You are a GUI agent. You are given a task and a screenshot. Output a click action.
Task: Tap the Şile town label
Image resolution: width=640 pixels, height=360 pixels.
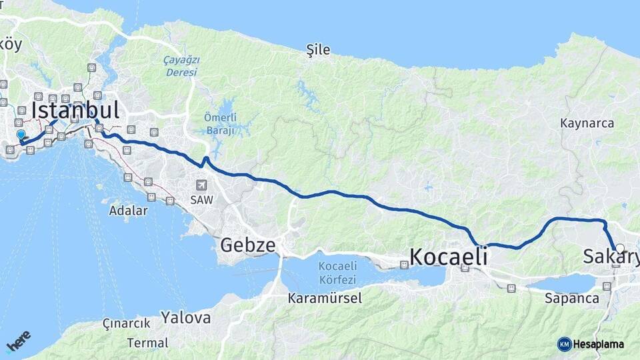click(x=317, y=49)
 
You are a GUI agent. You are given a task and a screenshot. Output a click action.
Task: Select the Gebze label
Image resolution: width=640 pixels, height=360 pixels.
click(x=247, y=245)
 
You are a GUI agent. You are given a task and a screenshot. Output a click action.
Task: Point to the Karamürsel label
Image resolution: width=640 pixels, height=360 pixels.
click(x=325, y=298)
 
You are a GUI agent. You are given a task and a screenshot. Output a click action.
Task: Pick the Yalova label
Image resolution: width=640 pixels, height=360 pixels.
click(x=185, y=317)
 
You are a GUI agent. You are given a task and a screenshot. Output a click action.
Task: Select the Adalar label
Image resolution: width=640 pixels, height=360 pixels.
click(x=128, y=211)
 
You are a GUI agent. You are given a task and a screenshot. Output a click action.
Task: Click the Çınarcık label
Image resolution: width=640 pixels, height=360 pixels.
click(x=125, y=323)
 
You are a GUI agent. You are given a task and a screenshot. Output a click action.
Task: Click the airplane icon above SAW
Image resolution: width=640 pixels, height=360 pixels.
click(x=201, y=185)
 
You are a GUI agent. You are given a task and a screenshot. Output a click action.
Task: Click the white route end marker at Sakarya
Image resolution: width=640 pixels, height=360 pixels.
click(x=620, y=249)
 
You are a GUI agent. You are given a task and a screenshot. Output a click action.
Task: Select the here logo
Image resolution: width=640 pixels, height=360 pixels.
click(x=18, y=341)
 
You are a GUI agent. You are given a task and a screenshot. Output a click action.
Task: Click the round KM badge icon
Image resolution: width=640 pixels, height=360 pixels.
click(x=565, y=344)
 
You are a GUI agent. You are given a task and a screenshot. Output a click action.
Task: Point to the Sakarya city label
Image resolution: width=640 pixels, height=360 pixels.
click(x=609, y=257)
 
